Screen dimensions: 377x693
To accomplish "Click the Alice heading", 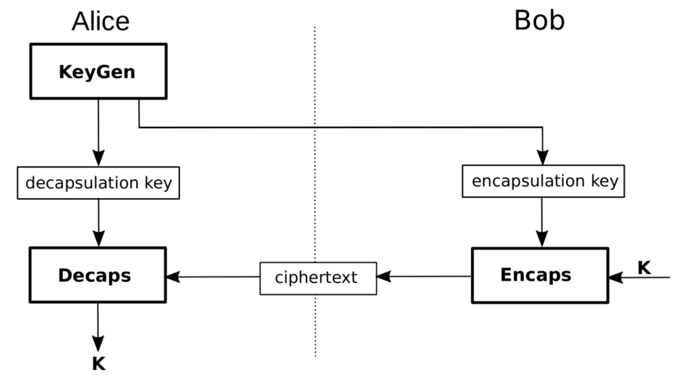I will (100, 21).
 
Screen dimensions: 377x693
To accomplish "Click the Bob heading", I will (539, 20).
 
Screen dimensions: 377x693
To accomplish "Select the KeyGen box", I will (98, 71).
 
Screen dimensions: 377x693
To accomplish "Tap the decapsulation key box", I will (99, 183).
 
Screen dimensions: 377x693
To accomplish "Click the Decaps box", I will (97, 276).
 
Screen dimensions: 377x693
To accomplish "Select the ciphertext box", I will (318, 277).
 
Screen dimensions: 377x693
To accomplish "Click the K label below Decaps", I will (99, 364).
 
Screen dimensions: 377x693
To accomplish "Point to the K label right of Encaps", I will (644, 268).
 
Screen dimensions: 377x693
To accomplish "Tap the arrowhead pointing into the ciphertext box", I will (384, 277).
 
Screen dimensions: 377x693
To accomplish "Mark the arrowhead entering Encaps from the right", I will (614, 277).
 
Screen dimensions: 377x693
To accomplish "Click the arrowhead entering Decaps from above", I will (99, 239).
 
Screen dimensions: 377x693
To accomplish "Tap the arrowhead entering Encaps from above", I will (543, 239).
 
